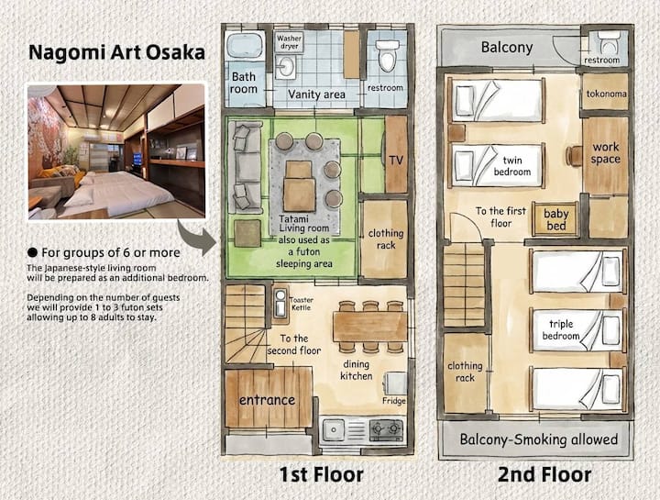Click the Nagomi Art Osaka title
(x=116, y=52)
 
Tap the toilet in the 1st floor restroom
(x=387, y=56)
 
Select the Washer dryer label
(x=289, y=42)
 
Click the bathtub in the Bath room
(x=245, y=45)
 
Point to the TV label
(x=396, y=161)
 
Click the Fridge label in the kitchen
(x=394, y=401)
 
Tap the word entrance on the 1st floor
(x=268, y=400)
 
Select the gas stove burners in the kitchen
(x=386, y=429)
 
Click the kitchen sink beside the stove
(x=335, y=430)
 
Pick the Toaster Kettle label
(x=302, y=304)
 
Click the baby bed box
(x=555, y=219)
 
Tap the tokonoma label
(x=606, y=94)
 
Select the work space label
(x=606, y=153)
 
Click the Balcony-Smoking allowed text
(x=539, y=439)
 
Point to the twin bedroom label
(x=512, y=166)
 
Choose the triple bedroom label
(x=561, y=330)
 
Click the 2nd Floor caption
(x=544, y=474)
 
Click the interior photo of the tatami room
(x=116, y=151)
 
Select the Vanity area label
(x=316, y=94)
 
